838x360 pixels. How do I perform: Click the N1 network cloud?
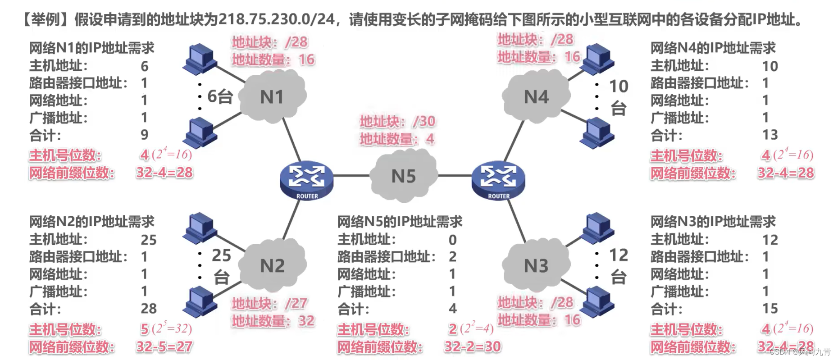(272, 97)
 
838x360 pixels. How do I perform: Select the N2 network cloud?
(272, 266)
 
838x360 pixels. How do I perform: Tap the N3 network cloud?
(536, 266)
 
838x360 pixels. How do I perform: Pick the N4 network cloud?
(536, 97)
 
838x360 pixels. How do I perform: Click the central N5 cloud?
(403, 176)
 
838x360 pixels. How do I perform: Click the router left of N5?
(306, 180)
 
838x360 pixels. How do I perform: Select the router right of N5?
(498, 180)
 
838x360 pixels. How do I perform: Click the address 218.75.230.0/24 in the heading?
(277, 19)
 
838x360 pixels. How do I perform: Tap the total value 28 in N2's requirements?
(149, 309)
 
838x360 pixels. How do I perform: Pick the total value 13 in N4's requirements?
(770, 135)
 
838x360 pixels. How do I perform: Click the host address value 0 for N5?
(452, 240)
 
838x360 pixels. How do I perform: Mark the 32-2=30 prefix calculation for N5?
(472, 346)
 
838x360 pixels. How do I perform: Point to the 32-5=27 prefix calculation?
(164, 346)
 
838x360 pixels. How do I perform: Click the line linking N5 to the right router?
(454, 175)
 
